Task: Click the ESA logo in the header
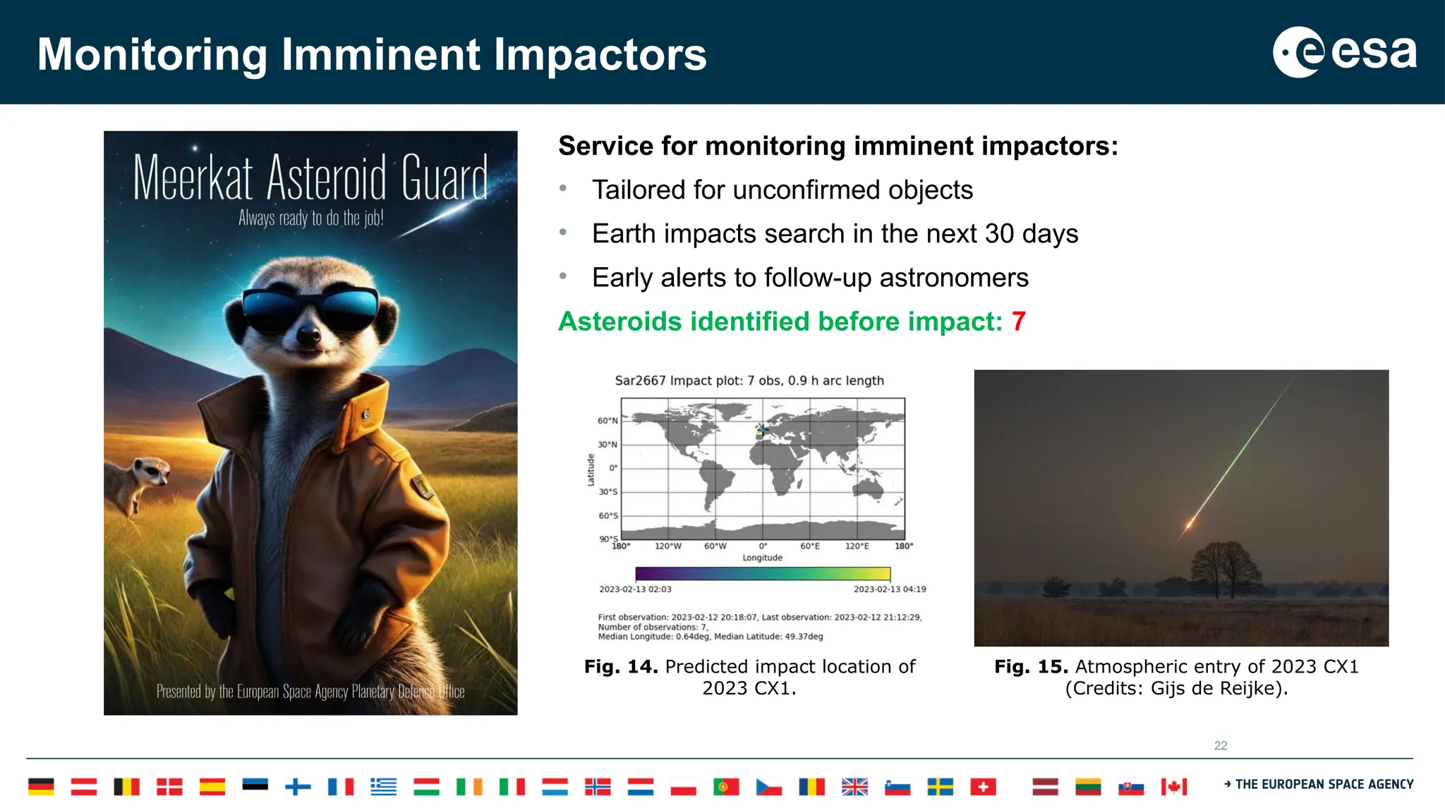[1344, 52]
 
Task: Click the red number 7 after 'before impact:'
[1018, 321]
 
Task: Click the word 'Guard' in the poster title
[445, 178]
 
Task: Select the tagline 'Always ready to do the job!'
[310, 218]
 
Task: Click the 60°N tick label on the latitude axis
[607, 421]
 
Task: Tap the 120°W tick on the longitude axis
[667, 546]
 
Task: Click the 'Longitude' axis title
[762, 558]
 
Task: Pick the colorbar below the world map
[762, 574]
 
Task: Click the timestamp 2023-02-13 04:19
[890, 589]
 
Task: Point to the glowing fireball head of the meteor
[1190, 524]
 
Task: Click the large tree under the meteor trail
[1224, 567]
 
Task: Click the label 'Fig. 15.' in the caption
[1031, 667]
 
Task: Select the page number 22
[1221, 746]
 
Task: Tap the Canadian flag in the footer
[1173, 787]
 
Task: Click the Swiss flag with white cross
[983, 787]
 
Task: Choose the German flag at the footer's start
[41, 787]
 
